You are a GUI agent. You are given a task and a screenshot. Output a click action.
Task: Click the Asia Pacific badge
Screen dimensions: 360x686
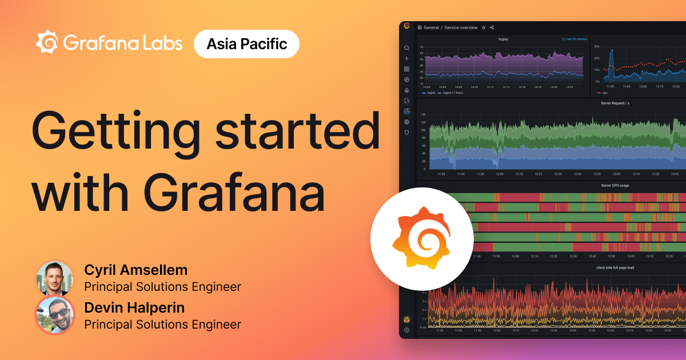tap(246, 44)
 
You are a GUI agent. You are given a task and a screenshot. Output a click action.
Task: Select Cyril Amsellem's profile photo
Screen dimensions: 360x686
tap(54, 278)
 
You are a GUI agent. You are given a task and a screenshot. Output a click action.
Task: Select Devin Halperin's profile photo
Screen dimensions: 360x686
tap(54, 315)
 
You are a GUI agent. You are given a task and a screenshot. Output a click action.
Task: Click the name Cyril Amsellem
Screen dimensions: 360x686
tap(135, 270)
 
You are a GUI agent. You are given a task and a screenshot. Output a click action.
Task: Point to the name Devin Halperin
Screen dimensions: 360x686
tap(135, 308)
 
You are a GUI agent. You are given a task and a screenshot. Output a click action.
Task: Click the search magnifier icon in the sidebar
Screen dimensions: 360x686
tap(406, 48)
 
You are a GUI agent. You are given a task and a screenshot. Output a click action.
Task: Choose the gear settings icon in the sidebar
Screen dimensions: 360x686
tap(406, 122)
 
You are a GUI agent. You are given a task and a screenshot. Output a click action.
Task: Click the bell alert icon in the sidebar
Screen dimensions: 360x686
tap(406, 90)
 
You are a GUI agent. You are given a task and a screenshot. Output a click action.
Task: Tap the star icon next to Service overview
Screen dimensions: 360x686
tap(484, 27)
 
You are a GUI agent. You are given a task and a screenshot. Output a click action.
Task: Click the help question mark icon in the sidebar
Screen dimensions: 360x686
tap(406, 330)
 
